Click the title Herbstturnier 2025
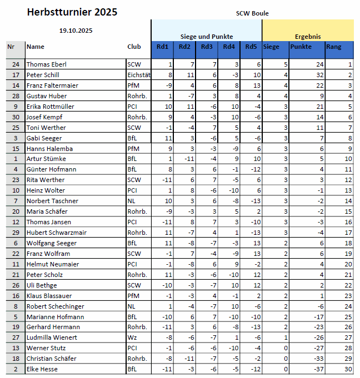(72, 12)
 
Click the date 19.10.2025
(76, 31)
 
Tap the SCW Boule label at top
(252, 13)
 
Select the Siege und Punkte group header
(206, 36)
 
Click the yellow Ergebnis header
(307, 36)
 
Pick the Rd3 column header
(206, 47)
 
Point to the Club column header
(134, 47)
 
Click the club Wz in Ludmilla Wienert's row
(131, 337)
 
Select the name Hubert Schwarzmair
(53, 233)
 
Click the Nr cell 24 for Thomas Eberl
(16, 64)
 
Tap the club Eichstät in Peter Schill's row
(139, 75)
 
